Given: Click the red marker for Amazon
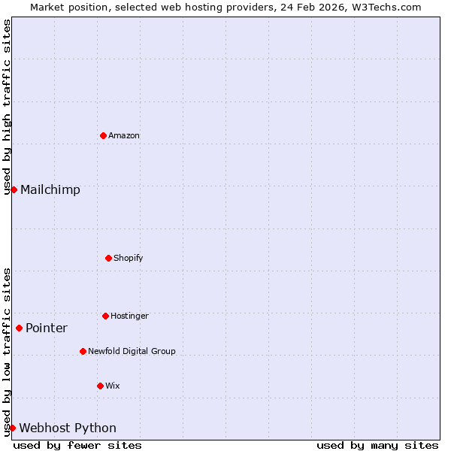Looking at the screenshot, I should click(103, 135).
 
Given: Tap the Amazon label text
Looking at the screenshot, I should click(124, 136).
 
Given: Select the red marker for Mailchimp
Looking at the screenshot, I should click(14, 189).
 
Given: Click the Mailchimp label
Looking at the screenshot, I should click(50, 190).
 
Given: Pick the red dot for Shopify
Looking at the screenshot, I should click(108, 258).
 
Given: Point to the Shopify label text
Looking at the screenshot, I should click(129, 259).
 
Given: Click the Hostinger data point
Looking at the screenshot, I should click(105, 316).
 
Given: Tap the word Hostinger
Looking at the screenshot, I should click(129, 316).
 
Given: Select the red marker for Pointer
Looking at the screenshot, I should click(19, 328).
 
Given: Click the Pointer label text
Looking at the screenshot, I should click(47, 328).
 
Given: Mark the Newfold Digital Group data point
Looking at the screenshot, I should click(83, 351).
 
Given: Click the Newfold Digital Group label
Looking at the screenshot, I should click(132, 352).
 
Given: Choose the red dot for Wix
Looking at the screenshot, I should click(100, 386).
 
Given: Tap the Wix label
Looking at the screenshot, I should click(113, 386).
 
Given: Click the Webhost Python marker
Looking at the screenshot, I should click(12, 428).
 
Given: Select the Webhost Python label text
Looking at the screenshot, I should click(68, 428).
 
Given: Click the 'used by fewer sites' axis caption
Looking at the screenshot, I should click(77, 446).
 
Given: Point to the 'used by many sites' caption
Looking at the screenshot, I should click(377, 446).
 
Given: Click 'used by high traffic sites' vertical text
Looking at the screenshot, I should click(7, 107).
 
